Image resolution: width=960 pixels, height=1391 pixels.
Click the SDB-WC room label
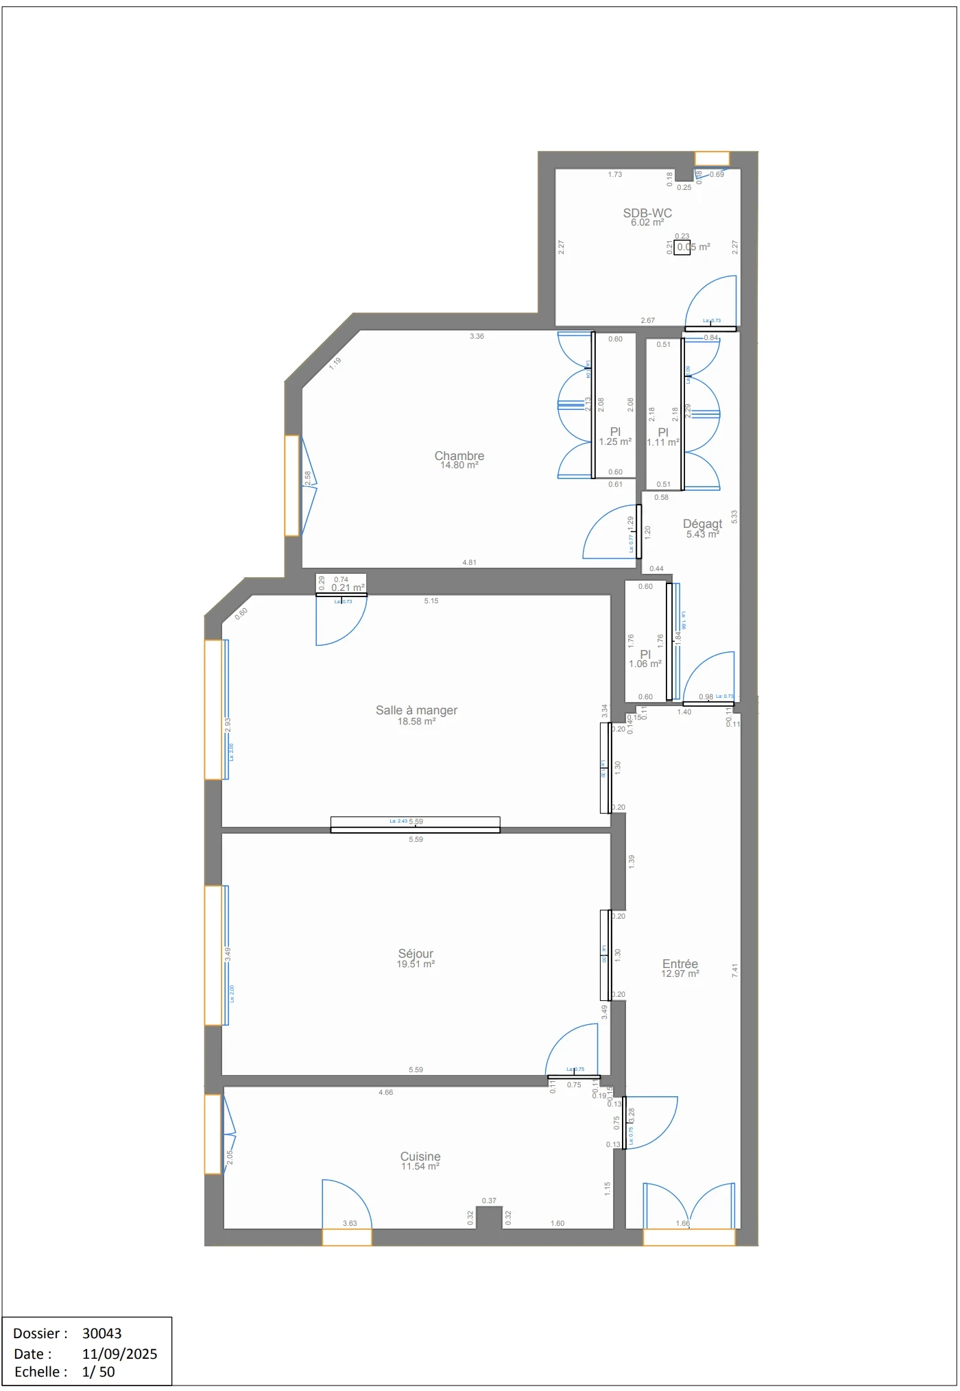tap(647, 213)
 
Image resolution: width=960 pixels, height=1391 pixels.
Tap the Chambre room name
tap(459, 456)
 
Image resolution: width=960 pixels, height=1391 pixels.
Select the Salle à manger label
tap(416, 710)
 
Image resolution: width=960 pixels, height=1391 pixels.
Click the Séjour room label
tap(416, 954)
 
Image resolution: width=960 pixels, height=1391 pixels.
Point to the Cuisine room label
tap(420, 1157)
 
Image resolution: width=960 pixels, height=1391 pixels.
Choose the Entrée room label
tap(680, 964)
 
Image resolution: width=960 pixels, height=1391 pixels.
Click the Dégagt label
tap(702, 524)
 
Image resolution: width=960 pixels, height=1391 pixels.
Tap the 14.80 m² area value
tap(459, 465)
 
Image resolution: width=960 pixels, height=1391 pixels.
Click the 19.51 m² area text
tap(416, 964)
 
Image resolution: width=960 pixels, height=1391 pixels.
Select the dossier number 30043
tap(101, 1333)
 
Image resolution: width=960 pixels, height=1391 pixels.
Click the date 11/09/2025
tap(119, 1354)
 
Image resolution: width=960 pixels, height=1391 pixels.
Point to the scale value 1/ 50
tap(98, 1372)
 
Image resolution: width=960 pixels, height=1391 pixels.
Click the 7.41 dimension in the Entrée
tap(734, 971)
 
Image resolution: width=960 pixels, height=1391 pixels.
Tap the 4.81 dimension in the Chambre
tap(470, 562)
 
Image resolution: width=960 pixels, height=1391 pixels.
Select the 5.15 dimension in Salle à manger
tap(431, 601)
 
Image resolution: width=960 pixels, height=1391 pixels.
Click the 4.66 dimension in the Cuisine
tap(386, 1093)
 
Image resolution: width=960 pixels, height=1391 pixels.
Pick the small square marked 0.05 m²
tap(682, 247)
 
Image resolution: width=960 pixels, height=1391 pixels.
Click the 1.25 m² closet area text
tap(615, 442)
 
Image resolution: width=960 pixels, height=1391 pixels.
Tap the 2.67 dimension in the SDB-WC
tap(647, 320)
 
